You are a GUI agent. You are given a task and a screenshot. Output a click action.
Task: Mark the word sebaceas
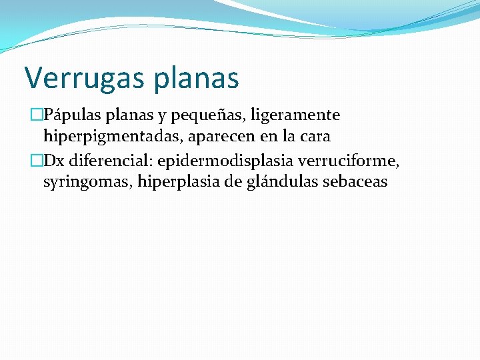tap(355, 181)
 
